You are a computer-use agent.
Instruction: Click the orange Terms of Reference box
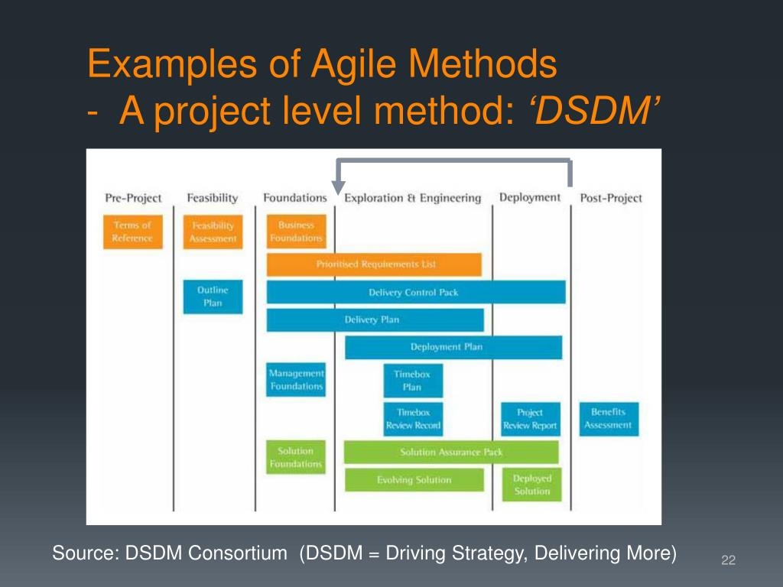pos(132,232)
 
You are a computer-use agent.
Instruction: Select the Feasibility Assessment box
pos(213,232)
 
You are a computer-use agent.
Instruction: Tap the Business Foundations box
pos(296,232)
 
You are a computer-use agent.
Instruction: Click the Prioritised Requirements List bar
pos(374,264)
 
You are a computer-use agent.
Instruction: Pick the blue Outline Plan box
pos(213,297)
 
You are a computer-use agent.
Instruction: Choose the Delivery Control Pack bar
pos(415,292)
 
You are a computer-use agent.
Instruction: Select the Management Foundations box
pos(296,380)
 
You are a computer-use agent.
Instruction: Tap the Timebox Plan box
pos(413,381)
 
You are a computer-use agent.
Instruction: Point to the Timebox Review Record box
pos(413,419)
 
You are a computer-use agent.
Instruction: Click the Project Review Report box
pos(530,419)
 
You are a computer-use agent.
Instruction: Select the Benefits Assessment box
pos(608,419)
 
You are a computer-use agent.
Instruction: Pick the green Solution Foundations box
pos(296,457)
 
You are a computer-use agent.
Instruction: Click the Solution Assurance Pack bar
pos(451,452)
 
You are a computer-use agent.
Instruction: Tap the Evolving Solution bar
pos(414,480)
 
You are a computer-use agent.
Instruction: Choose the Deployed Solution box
pos(531,485)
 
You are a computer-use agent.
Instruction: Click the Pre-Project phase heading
pos(133,198)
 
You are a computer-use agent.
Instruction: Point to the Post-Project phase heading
pos(610,198)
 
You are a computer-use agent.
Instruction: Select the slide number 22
pos(728,562)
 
